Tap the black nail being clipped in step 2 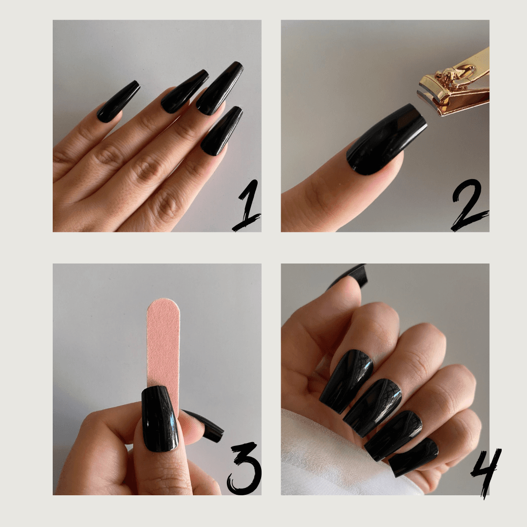pyautogui.click(x=386, y=140)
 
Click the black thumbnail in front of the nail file pyautogui.click(x=159, y=419)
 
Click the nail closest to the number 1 pyautogui.click(x=223, y=131)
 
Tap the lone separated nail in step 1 pyautogui.click(x=118, y=101)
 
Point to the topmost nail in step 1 pyautogui.click(x=220, y=88)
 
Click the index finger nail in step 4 pyautogui.click(x=346, y=381)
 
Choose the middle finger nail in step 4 pyautogui.click(x=372, y=407)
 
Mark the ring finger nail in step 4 pyautogui.click(x=393, y=436)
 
